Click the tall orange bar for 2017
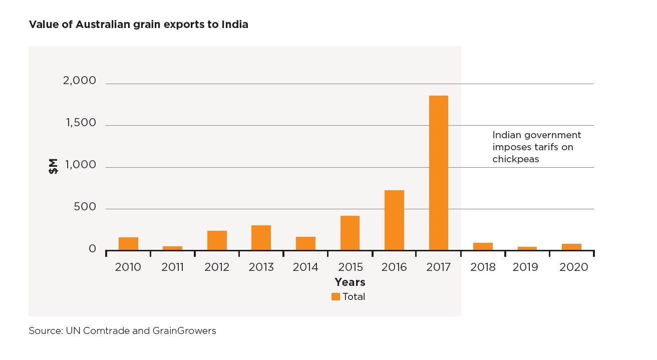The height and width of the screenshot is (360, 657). pyautogui.click(x=438, y=173)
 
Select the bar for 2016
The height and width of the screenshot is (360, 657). pyautogui.click(x=394, y=220)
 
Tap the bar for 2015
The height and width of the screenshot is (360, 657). pyautogui.click(x=350, y=233)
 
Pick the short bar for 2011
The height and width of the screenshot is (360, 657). pyautogui.click(x=172, y=248)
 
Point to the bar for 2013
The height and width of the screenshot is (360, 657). pyautogui.click(x=261, y=238)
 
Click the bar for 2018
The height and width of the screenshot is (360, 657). pyautogui.click(x=483, y=246)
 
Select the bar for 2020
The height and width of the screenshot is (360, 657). pyautogui.click(x=571, y=247)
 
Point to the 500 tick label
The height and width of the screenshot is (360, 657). pyautogui.click(x=85, y=207)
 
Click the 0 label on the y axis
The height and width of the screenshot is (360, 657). pyautogui.click(x=92, y=249)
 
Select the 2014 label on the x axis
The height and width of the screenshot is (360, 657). pyautogui.click(x=305, y=267)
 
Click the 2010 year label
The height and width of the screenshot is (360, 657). pyautogui.click(x=128, y=267)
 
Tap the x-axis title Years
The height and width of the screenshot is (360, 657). pyautogui.click(x=350, y=282)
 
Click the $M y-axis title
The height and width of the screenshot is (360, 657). pyautogui.click(x=53, y=166)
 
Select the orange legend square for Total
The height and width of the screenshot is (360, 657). pyautogui.click(x=336, y=296)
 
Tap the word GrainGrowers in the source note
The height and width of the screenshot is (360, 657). pyautogui.click(x=185, y=331)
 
